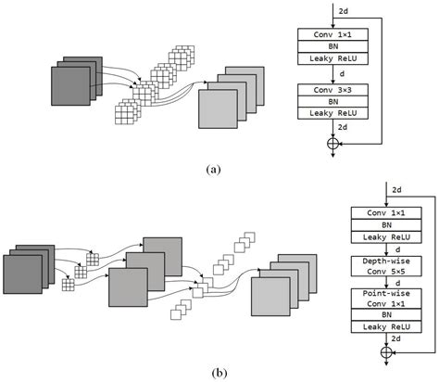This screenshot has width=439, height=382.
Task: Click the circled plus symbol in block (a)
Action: pyautogui.click(x=331, y=144)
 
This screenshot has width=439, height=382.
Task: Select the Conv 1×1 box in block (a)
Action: pyautogui.click(x=331, y=34)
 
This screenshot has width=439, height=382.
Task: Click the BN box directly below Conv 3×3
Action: pyautogui.click(x=331, y=101)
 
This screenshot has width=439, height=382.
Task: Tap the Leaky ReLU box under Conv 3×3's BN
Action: pyautogui.click(x=331, y=114)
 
